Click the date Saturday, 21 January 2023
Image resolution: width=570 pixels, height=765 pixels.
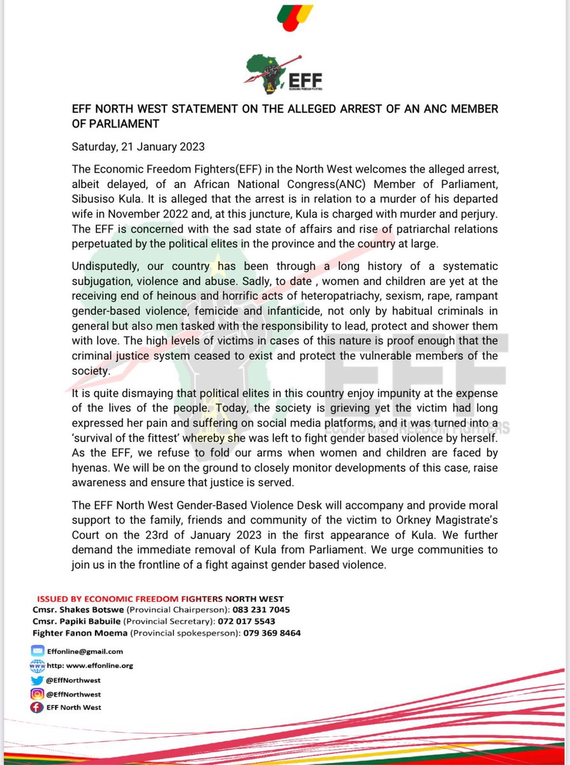138,147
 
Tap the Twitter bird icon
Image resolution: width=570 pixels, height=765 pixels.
37,680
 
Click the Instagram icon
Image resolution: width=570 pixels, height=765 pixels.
37,694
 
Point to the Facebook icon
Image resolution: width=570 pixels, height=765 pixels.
37,708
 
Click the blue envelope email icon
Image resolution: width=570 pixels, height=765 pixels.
37,652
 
